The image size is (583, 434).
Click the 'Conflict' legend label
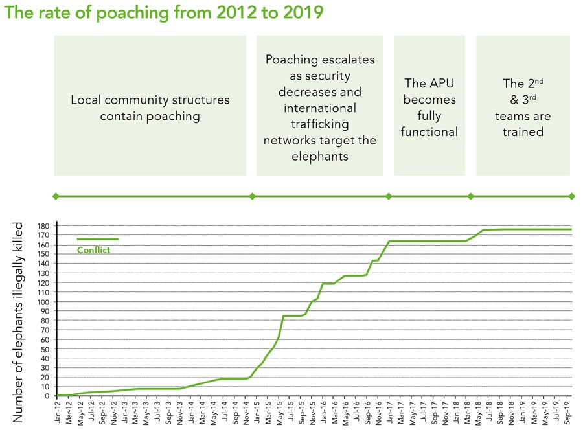[94, 250]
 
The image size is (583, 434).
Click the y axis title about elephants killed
[17, 321]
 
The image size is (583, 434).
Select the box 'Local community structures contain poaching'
[150, 106]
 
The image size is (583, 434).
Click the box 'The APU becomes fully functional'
[429, 106]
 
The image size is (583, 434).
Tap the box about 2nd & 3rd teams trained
[523, 106]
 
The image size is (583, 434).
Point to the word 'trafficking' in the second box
[319, 123]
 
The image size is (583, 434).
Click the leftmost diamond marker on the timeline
[56, 196]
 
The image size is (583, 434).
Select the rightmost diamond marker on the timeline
[571, 196]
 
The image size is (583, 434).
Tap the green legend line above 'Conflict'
[97, 239]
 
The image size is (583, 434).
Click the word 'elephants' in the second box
[319, 155]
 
